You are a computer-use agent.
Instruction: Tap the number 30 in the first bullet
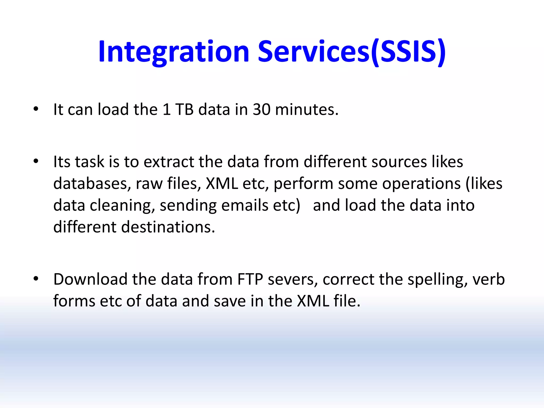[261, 109]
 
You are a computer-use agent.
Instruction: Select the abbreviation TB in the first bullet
[184, 109]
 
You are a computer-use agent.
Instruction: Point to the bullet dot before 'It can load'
[36, 109]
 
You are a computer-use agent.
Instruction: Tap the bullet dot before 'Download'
[36, 279]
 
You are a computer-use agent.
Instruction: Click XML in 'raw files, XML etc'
[222, 184]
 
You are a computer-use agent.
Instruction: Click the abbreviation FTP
[250, 279]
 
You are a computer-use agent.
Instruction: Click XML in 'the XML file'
[313, 301]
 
